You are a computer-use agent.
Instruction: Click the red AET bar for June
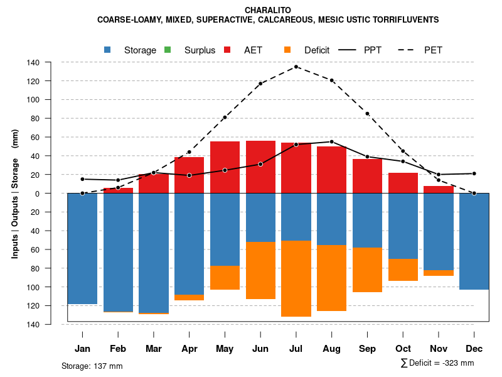(x=260, y=167)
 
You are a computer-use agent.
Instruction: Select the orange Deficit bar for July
(x=296, y=278)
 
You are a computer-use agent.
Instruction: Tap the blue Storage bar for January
(x=82, y=248)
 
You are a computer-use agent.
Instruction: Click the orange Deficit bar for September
(x=367, y=270)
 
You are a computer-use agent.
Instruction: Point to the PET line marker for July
(x=296, y=67)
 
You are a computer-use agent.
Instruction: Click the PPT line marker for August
(x=331, y=141)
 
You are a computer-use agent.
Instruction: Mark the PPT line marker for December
(x=474, y=173)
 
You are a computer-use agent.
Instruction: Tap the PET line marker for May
(x=225, y=117)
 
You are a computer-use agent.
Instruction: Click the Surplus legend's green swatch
(x=167, y=50)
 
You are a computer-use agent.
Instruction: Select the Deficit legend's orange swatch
(x=287, y=50)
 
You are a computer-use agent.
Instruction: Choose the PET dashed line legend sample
(x=407, y=50)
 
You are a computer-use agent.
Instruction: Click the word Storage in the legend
(x=140, y=50)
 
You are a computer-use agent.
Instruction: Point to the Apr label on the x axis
(x=190, y=349)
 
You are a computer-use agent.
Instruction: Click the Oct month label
(x=403, y=349)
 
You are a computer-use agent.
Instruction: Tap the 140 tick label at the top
(x=51, y=62)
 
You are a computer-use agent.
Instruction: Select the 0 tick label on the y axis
(x=55, y=194)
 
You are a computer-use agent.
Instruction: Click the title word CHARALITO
(x=268, y=10)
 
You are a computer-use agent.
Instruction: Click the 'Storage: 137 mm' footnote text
(x=92, y=366)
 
